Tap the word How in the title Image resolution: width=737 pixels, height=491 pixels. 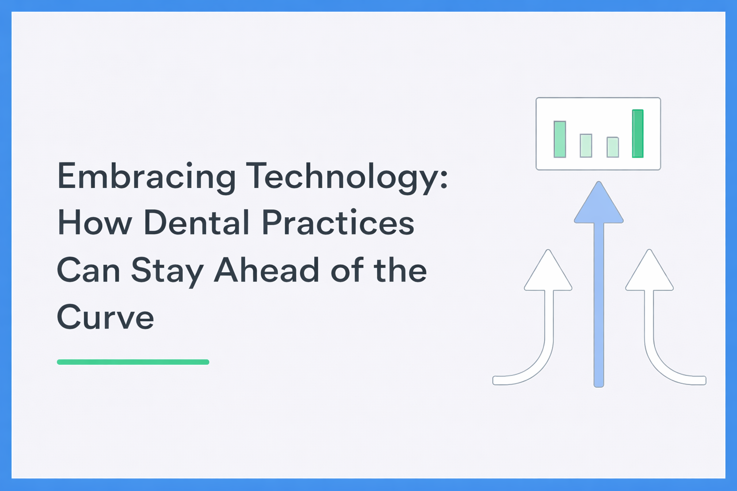(x=95, y=222)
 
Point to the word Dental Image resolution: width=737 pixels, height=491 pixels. (x=196, y=222)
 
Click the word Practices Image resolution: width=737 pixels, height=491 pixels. (x=338, y=222)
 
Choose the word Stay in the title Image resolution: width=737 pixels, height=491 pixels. (x=167, y=271)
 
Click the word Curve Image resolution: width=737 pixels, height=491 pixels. (x=105, y=316)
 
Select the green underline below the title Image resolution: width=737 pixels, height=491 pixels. (x=133, y=362)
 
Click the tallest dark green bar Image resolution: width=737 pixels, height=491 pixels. (x=638, y=133)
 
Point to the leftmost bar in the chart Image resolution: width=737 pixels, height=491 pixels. (x=559, y=140)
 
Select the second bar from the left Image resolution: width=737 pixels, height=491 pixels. (x=586, y=146)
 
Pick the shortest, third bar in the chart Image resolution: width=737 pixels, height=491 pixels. (x=613, y=147)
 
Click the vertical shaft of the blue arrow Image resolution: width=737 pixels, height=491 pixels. (x=599, y=305)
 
